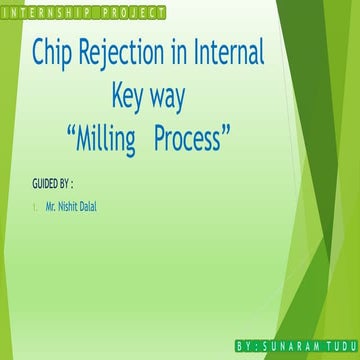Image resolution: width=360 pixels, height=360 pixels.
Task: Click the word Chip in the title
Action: point(55,54)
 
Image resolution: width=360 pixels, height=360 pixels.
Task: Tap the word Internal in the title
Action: point(228,54)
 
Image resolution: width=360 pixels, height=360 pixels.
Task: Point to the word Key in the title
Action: point(129,98)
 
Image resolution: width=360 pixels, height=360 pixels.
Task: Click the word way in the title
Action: point(174,100)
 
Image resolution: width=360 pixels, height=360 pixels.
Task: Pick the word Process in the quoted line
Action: point(190,140)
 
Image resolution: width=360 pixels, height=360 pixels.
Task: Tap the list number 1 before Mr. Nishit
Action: point(34,208)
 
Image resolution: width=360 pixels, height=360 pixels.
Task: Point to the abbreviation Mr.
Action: point(50,207)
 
